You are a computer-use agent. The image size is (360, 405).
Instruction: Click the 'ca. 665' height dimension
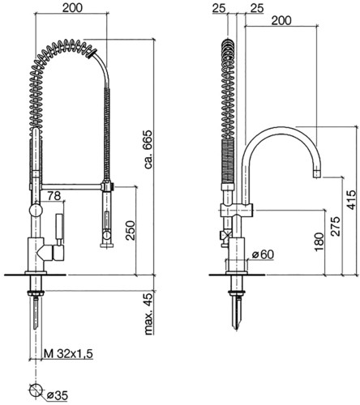148,150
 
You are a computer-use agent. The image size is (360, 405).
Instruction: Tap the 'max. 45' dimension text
148,314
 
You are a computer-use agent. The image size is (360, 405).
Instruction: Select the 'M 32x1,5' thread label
68,354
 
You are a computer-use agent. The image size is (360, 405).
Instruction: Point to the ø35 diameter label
57,396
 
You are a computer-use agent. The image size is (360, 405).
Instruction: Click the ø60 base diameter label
263,254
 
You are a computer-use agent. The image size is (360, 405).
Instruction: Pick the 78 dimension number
54,196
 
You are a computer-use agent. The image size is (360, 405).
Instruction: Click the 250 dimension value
131,230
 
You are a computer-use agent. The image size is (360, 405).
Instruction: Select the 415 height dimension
351,200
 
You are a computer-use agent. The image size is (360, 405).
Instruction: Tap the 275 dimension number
336,226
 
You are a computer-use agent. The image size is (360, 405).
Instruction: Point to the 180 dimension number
319,242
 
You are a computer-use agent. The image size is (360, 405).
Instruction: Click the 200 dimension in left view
72,8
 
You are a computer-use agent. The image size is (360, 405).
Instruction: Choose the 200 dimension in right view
281,20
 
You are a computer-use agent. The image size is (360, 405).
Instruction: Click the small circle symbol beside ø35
36,390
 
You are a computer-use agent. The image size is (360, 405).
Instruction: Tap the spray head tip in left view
108,245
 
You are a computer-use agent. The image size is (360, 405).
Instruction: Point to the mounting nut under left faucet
35,293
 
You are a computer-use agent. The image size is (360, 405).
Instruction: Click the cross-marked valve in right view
225,235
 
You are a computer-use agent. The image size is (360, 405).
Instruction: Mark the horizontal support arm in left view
71,186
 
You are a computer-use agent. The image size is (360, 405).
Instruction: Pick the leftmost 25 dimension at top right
219,8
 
